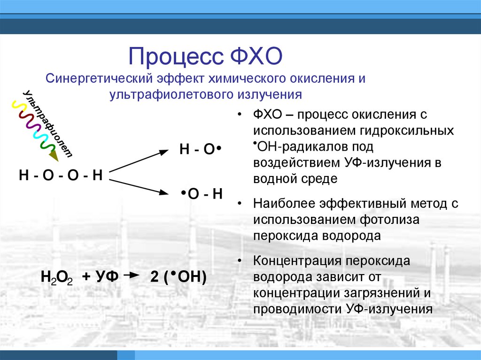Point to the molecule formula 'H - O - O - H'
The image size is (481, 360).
pos(61,176)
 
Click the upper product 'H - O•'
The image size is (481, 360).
pos(199,150)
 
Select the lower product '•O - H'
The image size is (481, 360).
pos(202,194)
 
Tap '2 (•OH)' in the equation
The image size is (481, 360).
pos(178,277)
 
